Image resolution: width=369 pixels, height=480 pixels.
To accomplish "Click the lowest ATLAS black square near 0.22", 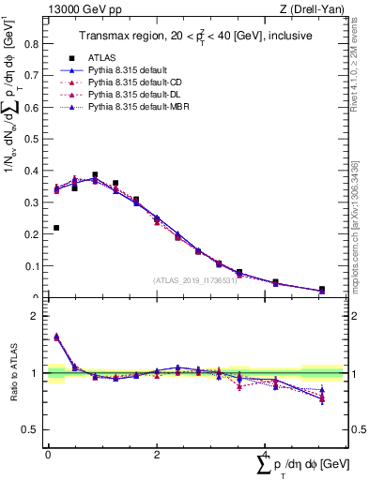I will pos(56,228).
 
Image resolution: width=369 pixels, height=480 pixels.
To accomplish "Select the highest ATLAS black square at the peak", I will pos(95,174).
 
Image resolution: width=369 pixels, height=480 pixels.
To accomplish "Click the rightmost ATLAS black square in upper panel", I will pos(322,290).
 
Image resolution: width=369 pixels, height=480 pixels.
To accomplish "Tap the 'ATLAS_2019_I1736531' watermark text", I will pos(194,280).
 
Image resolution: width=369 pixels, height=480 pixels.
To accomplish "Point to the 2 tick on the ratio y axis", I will pos(39,316).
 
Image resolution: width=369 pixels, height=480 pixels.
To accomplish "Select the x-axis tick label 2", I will pos(156,455).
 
